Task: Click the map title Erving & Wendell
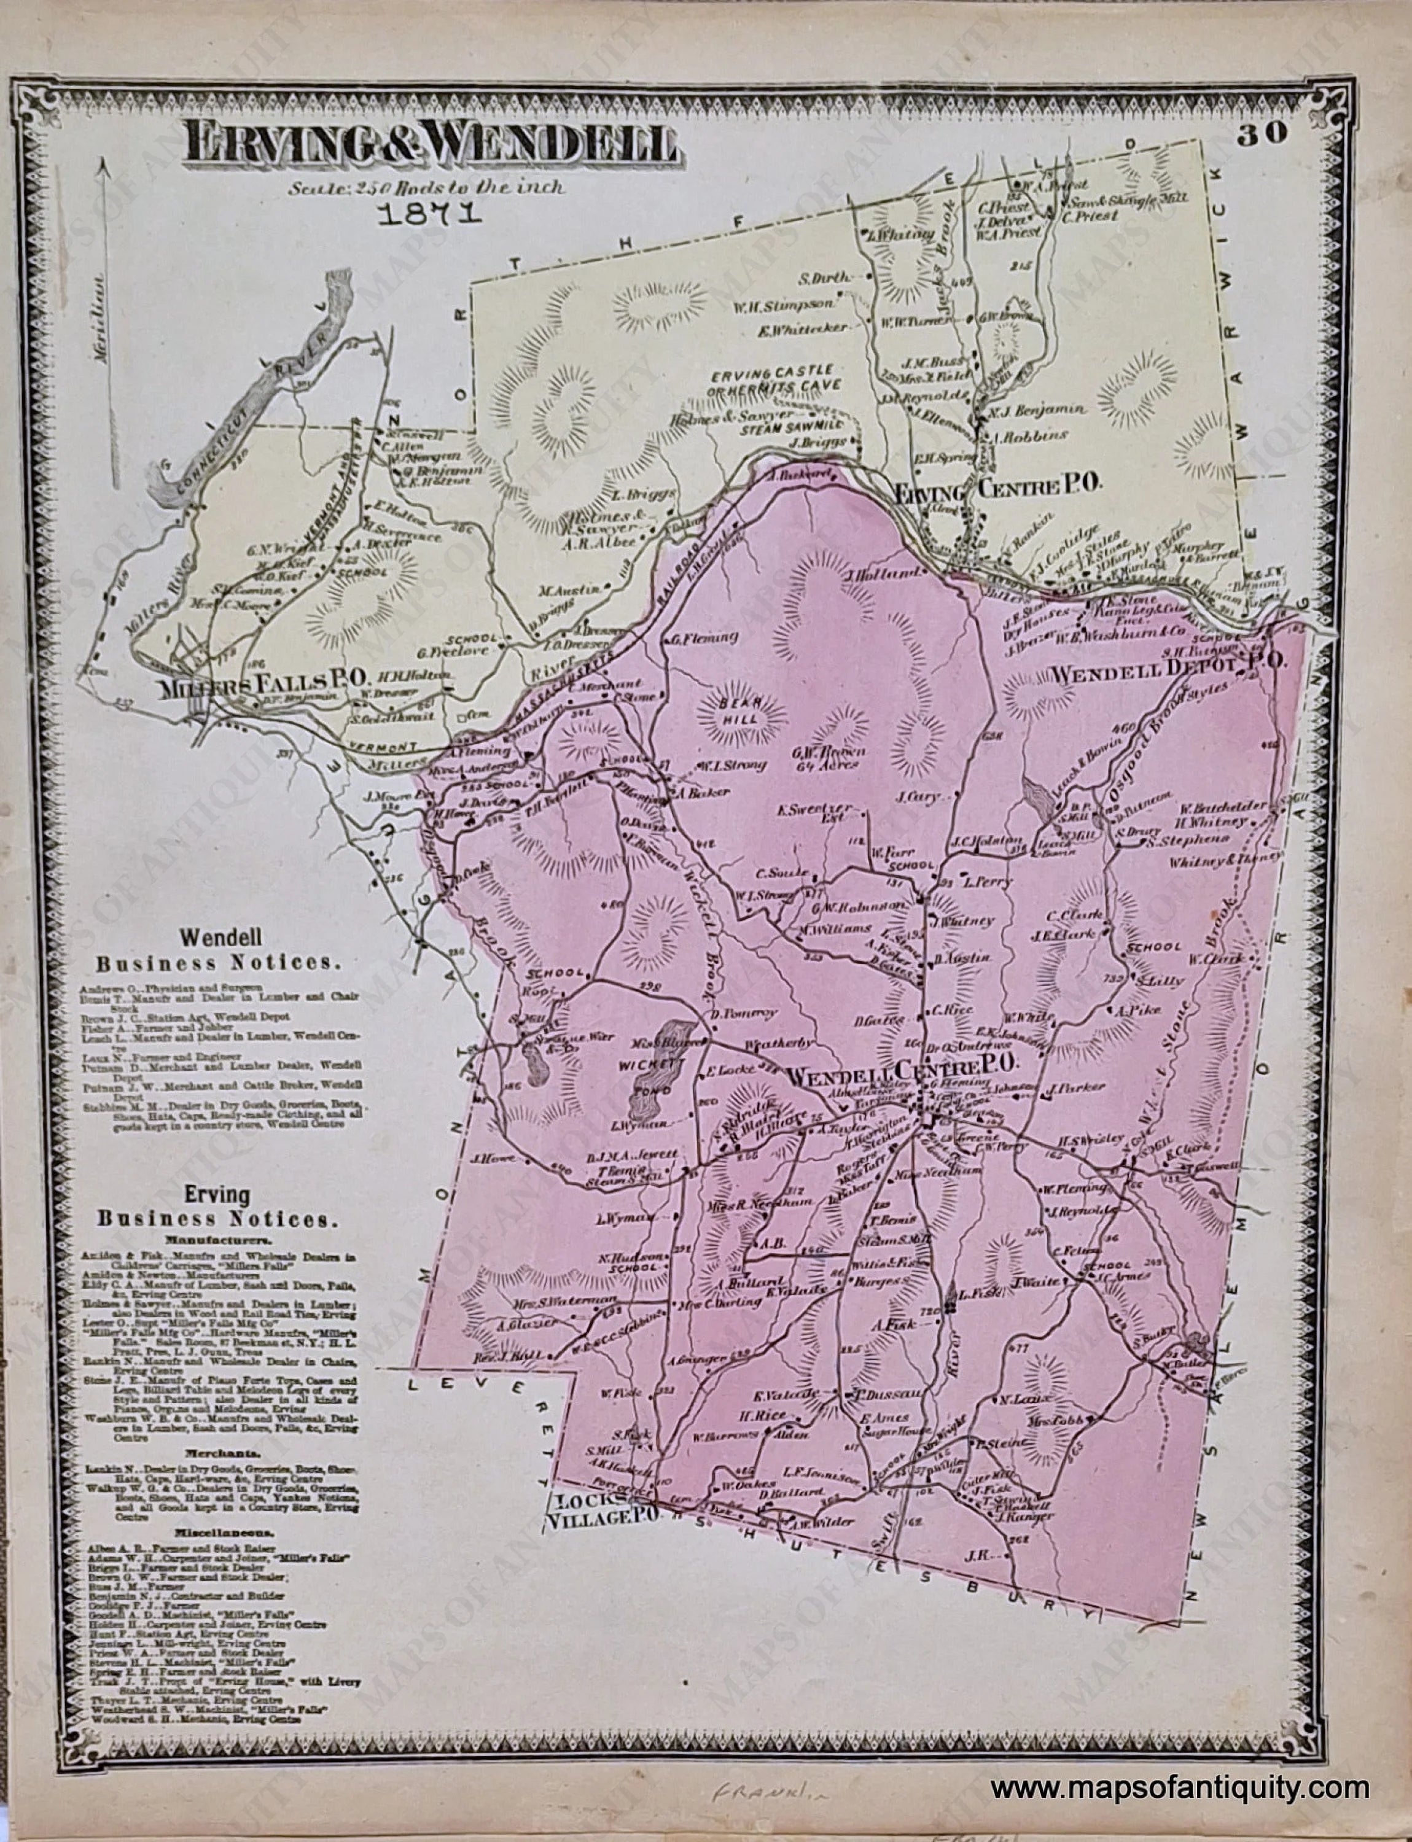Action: pos(432,143)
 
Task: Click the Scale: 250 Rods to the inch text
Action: pos(427,187)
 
